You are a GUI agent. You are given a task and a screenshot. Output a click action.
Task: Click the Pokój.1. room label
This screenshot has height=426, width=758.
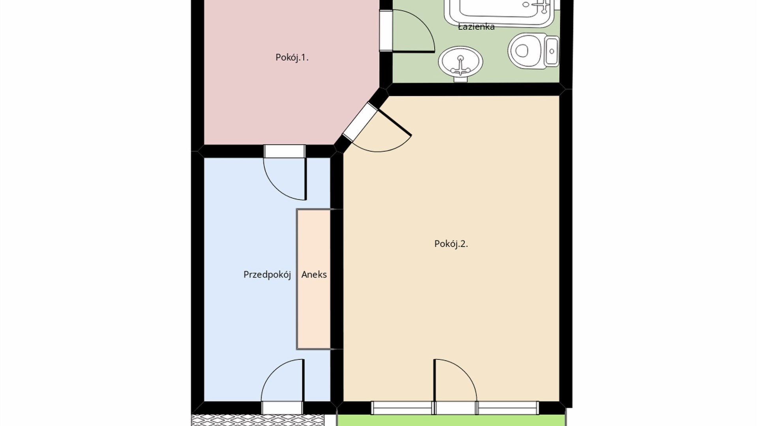pyautogui.click(x=292, y=58)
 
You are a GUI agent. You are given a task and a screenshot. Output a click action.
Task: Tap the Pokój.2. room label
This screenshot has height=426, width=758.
pyautogui.click(x=451, y=244)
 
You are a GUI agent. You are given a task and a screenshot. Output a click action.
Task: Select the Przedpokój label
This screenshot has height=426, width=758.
pyautogui.click(x=267, y=275)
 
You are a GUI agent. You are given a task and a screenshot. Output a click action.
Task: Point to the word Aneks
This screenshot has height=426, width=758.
pyautogui.click(x=314, y=275)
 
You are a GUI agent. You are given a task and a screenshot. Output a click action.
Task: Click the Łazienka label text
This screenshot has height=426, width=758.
pyautogui.click(x=476, y=27)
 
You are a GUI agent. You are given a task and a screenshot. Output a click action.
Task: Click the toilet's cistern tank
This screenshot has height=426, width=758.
pyautogui.click(x=552, y=50)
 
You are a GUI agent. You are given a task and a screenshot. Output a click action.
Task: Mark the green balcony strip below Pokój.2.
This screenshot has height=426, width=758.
pyautogui.click(x=451, y=420)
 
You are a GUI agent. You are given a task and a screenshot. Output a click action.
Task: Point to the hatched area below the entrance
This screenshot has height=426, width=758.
pyautogui.click(x=258, y=420)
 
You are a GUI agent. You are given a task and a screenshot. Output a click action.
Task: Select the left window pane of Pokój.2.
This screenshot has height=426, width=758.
pyautogui.click(x=402, y=408)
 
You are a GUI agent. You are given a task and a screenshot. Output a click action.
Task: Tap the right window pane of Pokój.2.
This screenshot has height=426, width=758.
pyautogui.click(x=507, y=408)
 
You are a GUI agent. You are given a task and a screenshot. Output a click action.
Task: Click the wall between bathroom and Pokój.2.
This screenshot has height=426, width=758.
pyautogui.click(x=474, y=89)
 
